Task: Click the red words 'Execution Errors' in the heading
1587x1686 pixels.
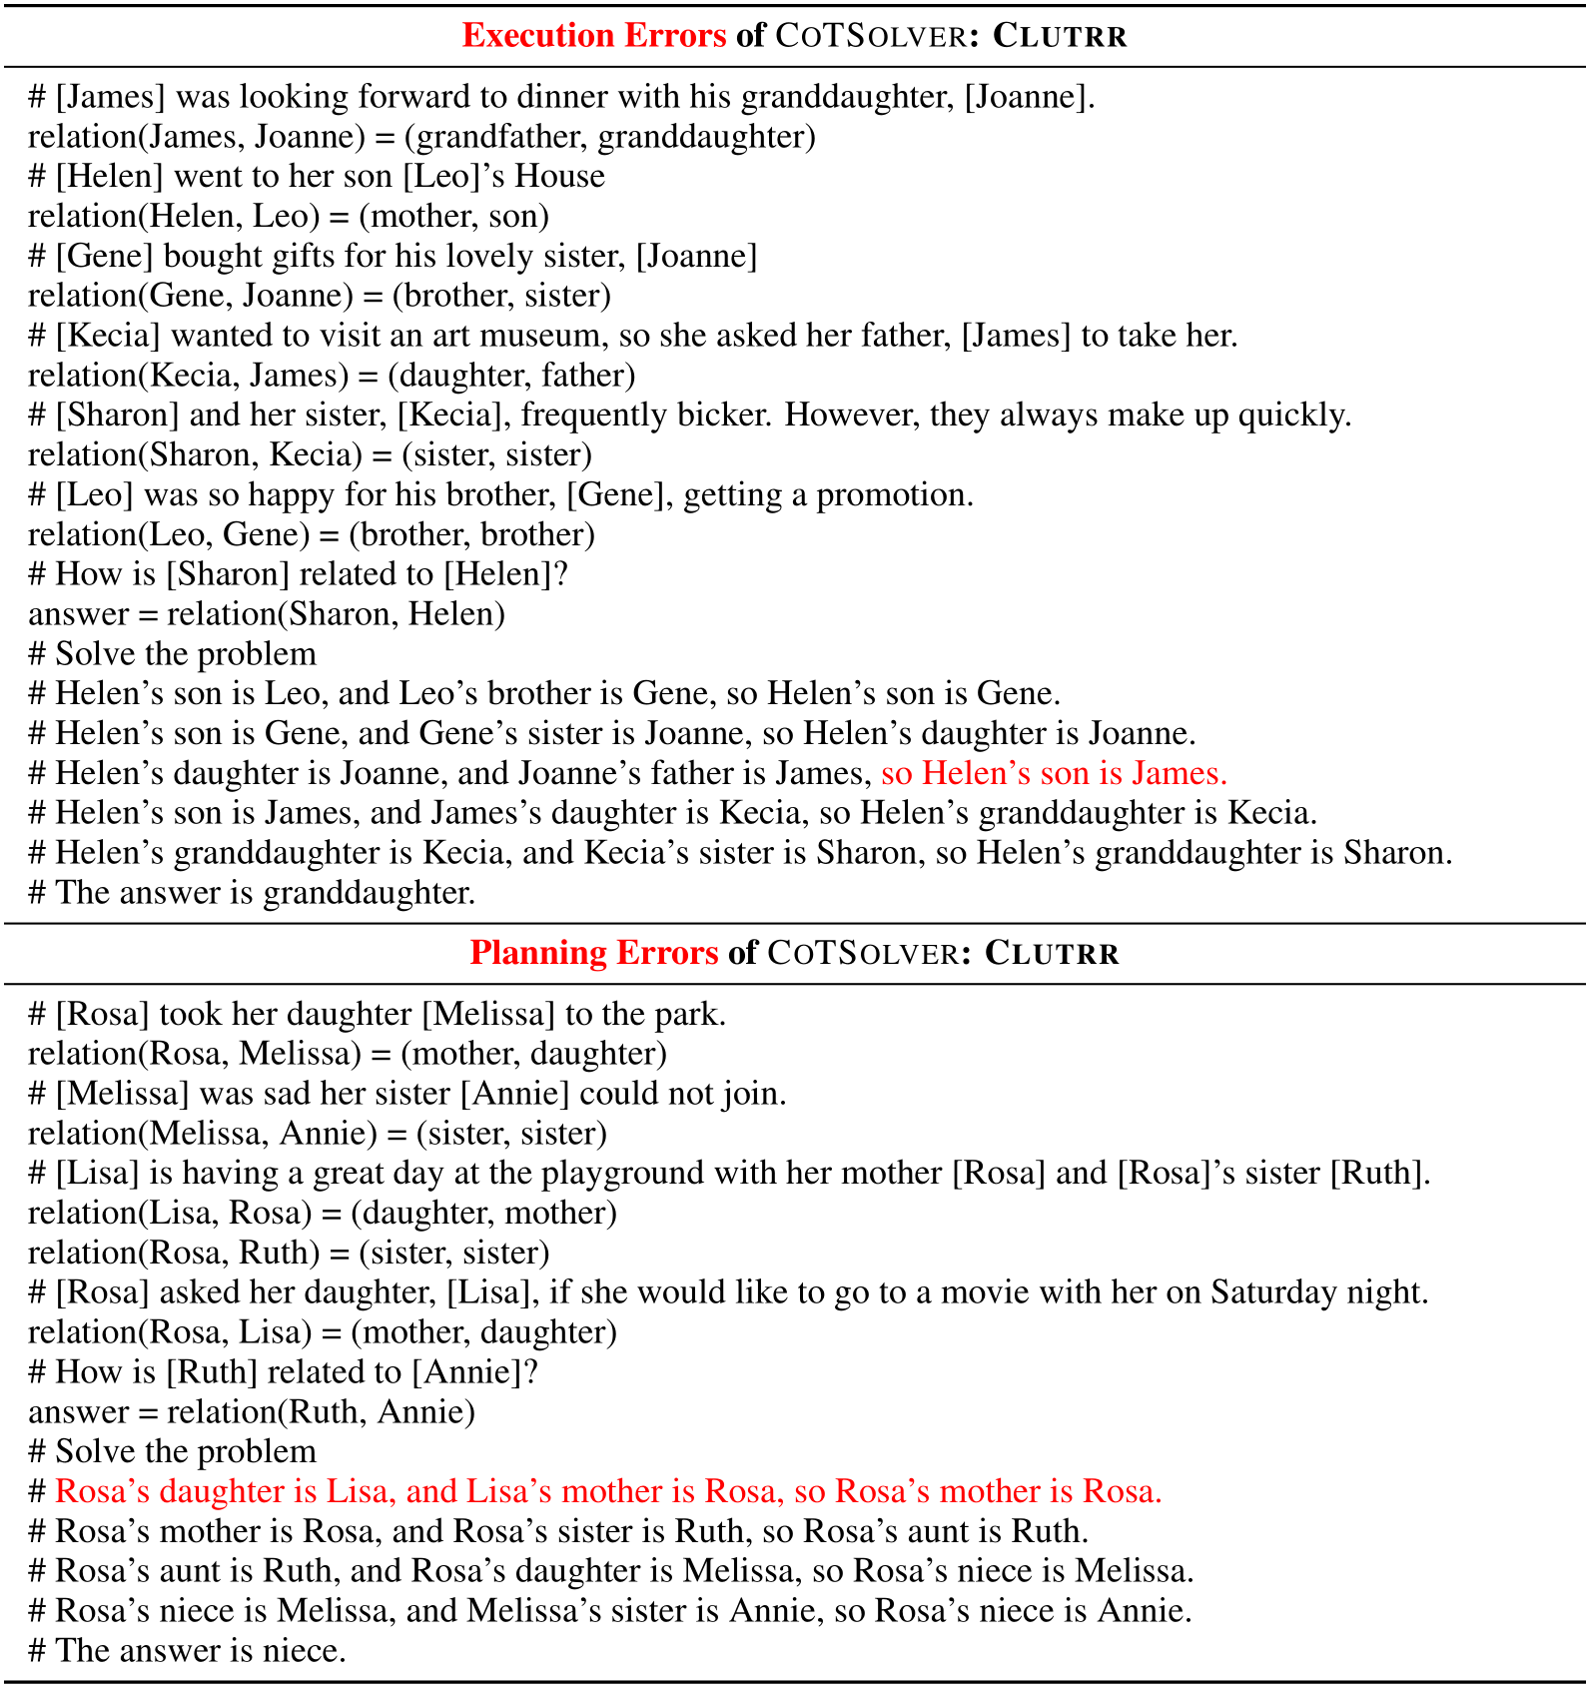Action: click(593, 36)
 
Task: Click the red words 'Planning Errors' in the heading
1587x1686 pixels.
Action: click(593, 953)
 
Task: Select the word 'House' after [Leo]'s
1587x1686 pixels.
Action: click(559, 177)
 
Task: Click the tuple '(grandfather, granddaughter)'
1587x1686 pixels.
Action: click(609, 137)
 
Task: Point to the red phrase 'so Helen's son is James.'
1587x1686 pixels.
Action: click(1054, 774)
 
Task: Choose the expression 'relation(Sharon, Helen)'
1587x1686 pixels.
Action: click(336, 614)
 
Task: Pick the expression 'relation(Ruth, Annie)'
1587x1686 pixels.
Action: click(321, 1412)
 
